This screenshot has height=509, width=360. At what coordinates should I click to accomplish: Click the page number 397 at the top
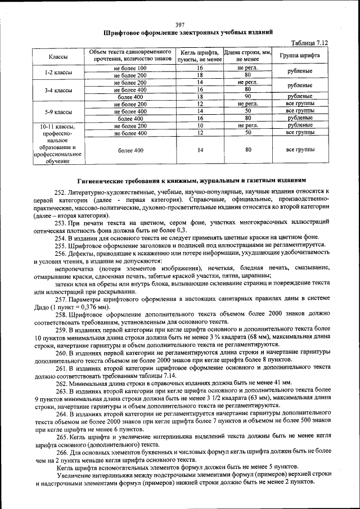180,24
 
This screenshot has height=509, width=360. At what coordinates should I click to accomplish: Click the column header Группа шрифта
300,56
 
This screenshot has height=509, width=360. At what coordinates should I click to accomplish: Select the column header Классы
58,57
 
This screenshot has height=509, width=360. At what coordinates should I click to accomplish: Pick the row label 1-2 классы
58,71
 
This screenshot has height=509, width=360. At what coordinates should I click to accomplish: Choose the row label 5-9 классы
58,111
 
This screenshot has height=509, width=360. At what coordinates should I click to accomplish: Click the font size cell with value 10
200,126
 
